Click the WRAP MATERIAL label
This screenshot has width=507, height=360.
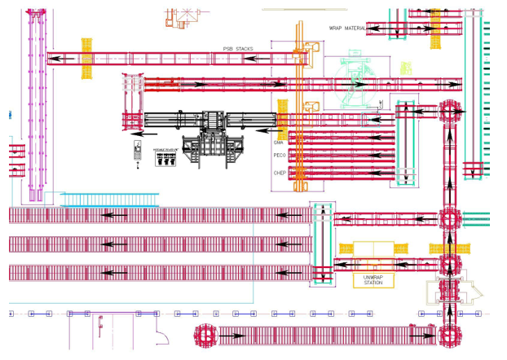point(347,29)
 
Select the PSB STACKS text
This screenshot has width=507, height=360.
point(238,49)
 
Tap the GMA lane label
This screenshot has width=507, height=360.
point(279,142)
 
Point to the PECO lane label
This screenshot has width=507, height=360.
point(280,155)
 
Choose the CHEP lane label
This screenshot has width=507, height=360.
point(280,173)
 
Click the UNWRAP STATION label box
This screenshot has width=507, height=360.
point(373,280)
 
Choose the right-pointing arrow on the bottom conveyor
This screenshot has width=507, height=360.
point(419,335)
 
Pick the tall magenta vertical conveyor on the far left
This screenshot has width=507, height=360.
point(34,102)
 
